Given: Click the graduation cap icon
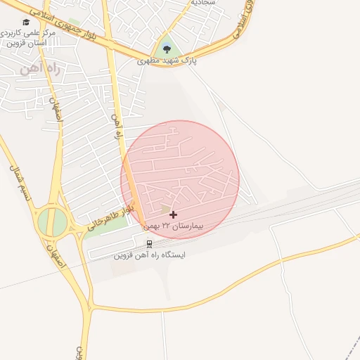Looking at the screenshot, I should pyautogui.click(x=26, y=23).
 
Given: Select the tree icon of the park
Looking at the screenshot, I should pyautogui.click(x=167, y=48).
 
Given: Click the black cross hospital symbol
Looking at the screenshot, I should pyautogui.click(x=174, y=214).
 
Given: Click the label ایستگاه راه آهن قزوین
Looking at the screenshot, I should pyautogui.click(x=149, y=255).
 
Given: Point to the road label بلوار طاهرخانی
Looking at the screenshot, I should pyautogui.click(x=110, y=219).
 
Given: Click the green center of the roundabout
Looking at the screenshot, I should pyautogui.click(x=52, y=223).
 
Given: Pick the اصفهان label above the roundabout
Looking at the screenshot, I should pyautogui.click(x=57, y=111).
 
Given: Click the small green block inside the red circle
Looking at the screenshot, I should pyautogui.click(x=166, y=209).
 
